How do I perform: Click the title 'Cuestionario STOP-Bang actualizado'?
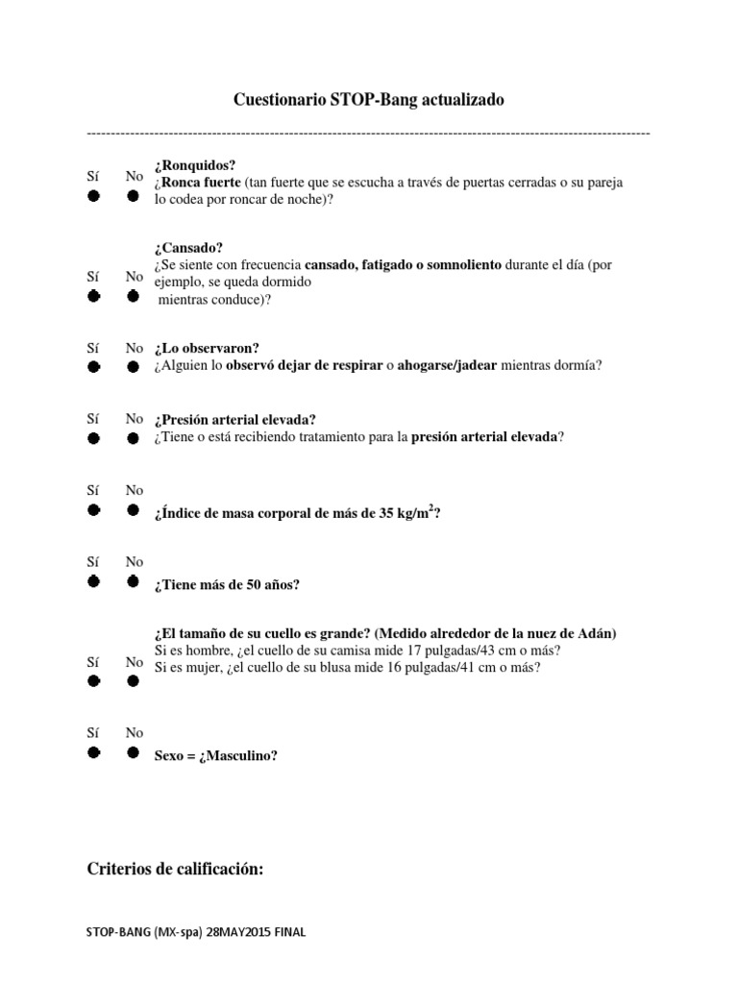[x=369, y=100]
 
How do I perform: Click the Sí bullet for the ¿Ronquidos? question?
[x=94, y=196]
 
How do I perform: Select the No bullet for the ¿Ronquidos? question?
[x=134, y=196]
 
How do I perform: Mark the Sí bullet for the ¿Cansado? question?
[x=94, y=296]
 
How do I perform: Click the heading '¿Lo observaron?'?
[x=206, y=348]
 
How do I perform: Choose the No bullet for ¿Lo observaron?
[x=134, y=367]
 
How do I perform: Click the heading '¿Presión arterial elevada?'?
[x=234, y=419]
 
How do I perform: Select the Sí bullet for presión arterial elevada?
[x=94, y=438]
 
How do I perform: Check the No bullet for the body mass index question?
[x=134, y=510]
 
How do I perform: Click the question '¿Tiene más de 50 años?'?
[x=227, y=584]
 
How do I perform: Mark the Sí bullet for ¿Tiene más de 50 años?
[x=94, y=581]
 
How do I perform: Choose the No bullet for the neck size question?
[x=134, y=681]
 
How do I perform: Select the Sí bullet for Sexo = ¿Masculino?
[x=94, y=752]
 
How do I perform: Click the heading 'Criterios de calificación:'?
[x=175, y=869]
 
